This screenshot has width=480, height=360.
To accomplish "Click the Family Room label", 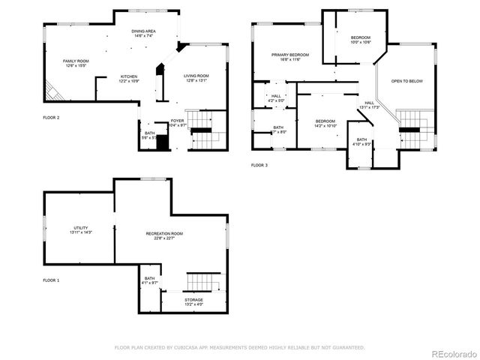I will point(76,63).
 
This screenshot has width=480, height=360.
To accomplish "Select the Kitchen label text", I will point(129,78).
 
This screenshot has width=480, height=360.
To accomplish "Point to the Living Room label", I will point(196,78).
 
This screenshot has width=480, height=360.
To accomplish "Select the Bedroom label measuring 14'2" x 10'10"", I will point(325,123).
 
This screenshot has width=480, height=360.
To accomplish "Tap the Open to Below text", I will point(407,81).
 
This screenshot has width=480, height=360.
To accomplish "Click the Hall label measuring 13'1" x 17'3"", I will point(369,105).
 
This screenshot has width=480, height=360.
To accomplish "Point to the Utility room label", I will point(81,229).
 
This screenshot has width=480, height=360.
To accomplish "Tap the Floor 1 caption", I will point(51,280).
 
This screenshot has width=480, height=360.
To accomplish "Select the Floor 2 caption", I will point(51,118).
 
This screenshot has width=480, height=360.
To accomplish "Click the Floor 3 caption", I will point(259,165).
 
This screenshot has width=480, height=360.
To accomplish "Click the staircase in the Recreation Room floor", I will point(204,282).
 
